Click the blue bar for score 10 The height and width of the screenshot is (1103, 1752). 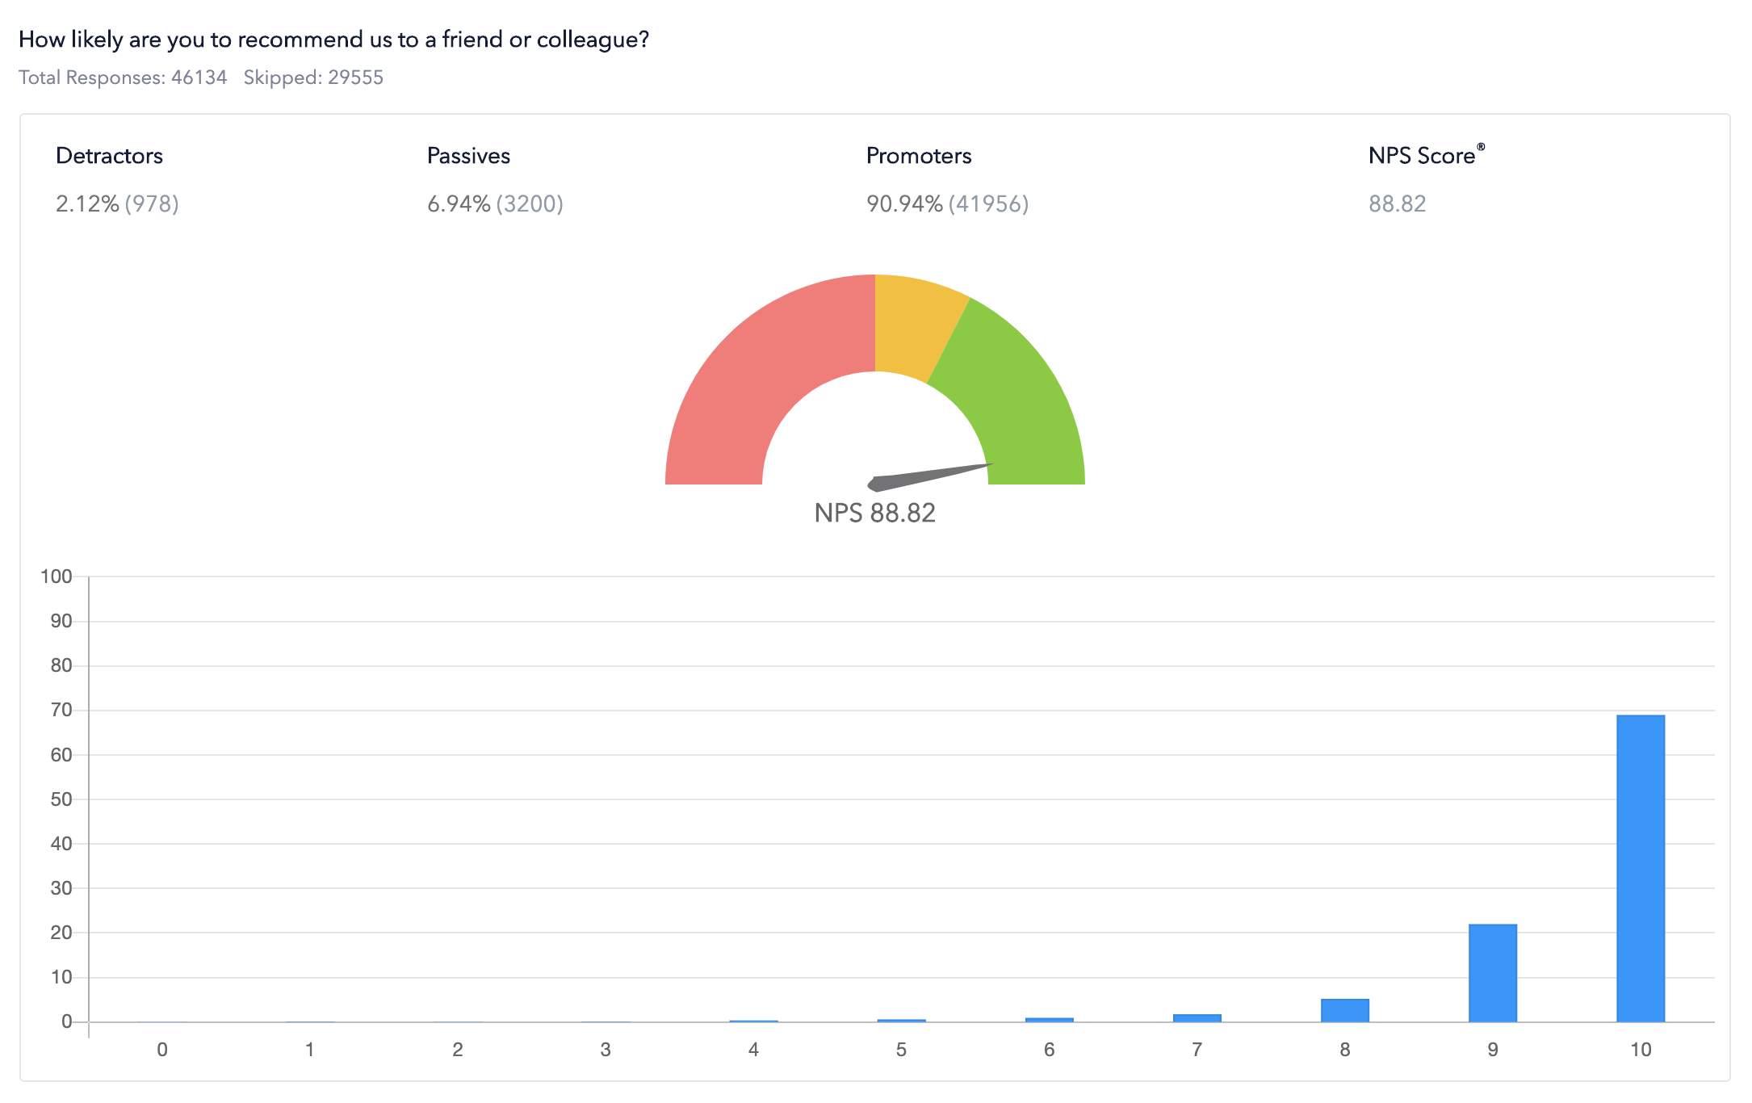[x=1640, y=868]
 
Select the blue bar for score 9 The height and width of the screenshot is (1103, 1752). [x=1492, y=973]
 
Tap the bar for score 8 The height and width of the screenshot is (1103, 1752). [x=1344, y=1010]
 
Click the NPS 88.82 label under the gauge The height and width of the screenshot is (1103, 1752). [x=874, y=513]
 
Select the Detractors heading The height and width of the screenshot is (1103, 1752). [x=109, y=156]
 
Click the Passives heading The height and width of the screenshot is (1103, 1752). [x=468, y=156]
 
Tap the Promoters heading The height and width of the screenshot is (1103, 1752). [x=919, y=156]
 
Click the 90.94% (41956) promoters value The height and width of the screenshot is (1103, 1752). [x=947, y=203]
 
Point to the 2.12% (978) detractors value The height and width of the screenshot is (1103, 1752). [x=117, y=203]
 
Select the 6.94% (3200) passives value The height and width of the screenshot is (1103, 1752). [x=495, y=203]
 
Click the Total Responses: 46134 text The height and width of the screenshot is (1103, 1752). [x=123, y=78]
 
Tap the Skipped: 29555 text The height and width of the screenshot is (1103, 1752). [x=313, y=78]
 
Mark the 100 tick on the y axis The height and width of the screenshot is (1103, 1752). [x=57, y=577]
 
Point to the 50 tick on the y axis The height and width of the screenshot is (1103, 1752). [x=61, y=799]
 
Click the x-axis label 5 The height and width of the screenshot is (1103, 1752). [x=901, y=1050]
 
